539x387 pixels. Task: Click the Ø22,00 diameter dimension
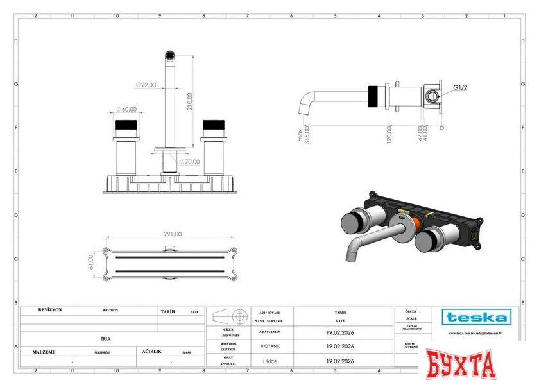coord(146,85)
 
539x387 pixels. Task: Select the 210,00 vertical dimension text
coord(189,101)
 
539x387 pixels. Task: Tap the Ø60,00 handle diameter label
coord(128,109)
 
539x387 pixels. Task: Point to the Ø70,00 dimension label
coord(189,162)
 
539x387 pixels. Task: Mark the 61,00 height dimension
coord(91,262)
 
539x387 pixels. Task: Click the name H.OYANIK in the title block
coord(269,346)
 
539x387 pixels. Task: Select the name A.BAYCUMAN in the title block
coord(269,333)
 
